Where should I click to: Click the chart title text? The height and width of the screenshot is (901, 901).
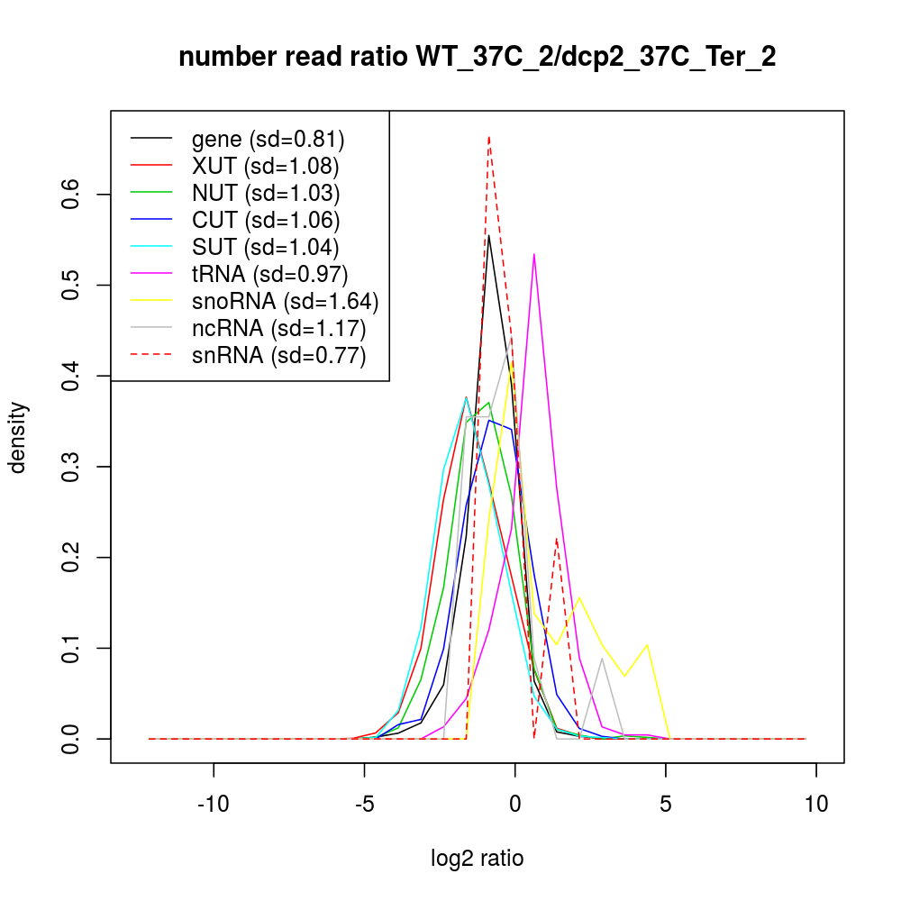point(478,58)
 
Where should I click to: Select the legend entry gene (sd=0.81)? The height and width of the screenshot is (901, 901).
point(268,139)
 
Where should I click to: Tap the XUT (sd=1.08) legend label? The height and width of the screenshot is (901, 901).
point(265,166)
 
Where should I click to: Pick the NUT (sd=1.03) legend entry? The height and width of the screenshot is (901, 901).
point(266,193)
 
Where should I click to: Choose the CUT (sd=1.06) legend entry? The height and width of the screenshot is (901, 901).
point(266,220)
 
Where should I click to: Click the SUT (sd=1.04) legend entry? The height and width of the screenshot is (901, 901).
point(266,247)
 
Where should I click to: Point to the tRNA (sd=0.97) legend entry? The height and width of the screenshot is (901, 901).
point(270,274)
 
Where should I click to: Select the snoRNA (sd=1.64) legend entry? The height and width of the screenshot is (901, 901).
point(285,301)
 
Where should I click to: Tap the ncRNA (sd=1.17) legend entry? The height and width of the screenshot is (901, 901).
point(278,328)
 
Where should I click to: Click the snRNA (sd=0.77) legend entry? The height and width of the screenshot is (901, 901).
point(278,355)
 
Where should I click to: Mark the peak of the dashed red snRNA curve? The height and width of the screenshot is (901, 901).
point(488,137)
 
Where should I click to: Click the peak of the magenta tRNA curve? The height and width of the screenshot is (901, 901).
point(534,254)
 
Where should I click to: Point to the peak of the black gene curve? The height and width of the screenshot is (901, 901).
point(488,235)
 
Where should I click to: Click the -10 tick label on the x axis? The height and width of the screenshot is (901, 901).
point(214,804)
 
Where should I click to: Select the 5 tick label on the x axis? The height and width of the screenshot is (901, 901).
point(666,804)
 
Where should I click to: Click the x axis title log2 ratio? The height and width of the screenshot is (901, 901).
point(478,858)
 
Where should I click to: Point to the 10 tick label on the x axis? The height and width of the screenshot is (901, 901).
point(816,804)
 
